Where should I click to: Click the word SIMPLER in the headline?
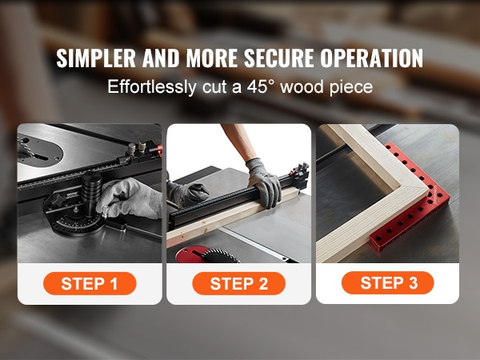(x=96, y=58)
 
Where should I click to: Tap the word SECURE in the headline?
(x=279, y=58)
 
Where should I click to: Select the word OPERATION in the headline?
(x=372, y=58)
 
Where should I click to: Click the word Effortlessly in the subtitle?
(x=152, y=87)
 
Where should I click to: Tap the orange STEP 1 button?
(x=90, y=283)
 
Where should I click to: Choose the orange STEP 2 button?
(x=238, y=283)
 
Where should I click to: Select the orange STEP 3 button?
(x=388, y=283)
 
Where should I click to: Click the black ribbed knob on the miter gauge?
(x=91, y=188)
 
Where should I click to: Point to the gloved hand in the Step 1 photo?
(x=130, y=199)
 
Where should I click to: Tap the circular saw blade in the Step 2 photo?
(x=221, y=256)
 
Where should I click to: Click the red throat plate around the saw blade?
(x=190, y=254)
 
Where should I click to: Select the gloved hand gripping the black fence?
(x=265, y=183)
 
